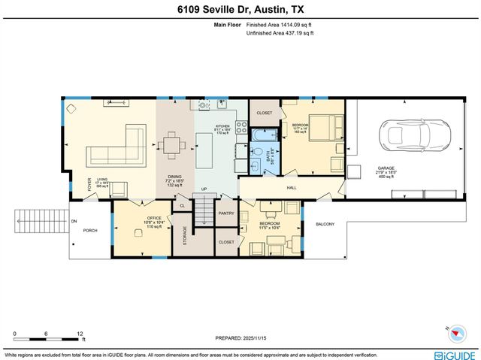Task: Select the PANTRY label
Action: [226, 213]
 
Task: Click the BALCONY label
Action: [325, 224]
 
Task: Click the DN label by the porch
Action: [74, 222]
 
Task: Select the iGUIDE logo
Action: [455, 354]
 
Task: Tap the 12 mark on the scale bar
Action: [80, 333]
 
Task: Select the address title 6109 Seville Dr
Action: [240, 8]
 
